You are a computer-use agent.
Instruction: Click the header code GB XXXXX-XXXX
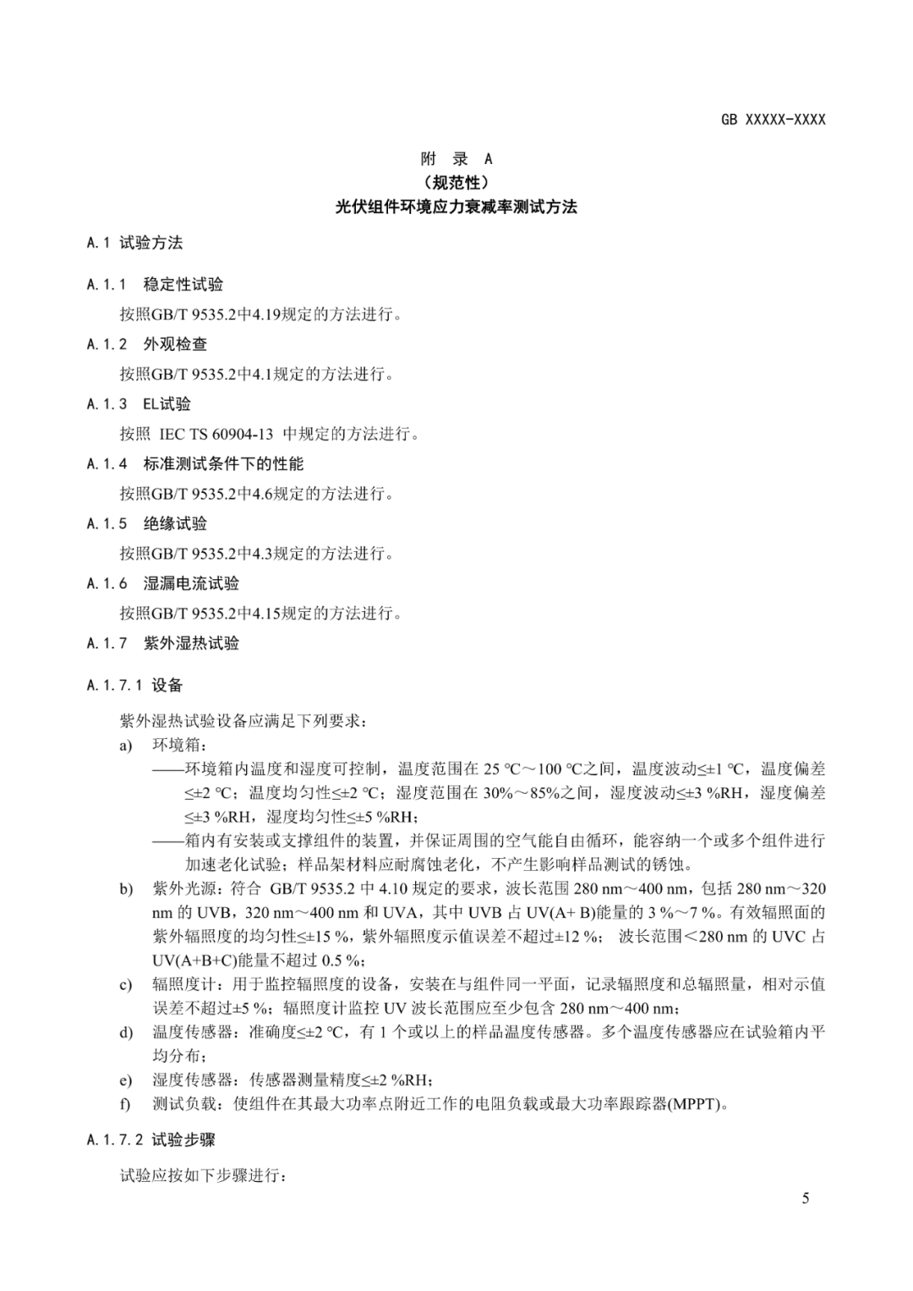click(773, 119)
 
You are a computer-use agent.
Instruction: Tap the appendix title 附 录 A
click(456, 159)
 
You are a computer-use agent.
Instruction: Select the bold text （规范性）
click(456, 183)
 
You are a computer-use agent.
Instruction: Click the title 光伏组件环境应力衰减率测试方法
click(456, 206)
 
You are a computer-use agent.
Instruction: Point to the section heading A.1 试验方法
click(134, 243)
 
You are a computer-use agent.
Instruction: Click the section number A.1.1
click(107, 285)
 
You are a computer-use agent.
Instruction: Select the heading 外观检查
click(175, 344)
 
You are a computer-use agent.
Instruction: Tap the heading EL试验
click(167, 404)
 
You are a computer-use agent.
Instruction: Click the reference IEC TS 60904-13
click(216, 434)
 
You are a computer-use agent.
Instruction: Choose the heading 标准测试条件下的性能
click(223, 464)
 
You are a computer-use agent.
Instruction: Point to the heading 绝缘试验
click(175, 524)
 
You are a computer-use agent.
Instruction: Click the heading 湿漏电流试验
click(191, 583)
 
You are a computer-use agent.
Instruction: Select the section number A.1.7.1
click(115, 686)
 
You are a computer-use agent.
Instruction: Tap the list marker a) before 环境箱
click(126, 746)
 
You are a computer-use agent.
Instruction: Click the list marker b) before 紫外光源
click(126, 889)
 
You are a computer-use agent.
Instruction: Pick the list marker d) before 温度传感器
click(126, 1032)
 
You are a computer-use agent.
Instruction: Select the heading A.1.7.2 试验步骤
click(150, 1140)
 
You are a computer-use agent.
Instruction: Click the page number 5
click(806, 1198)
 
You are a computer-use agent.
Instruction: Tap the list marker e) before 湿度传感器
click(126, 1080)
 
